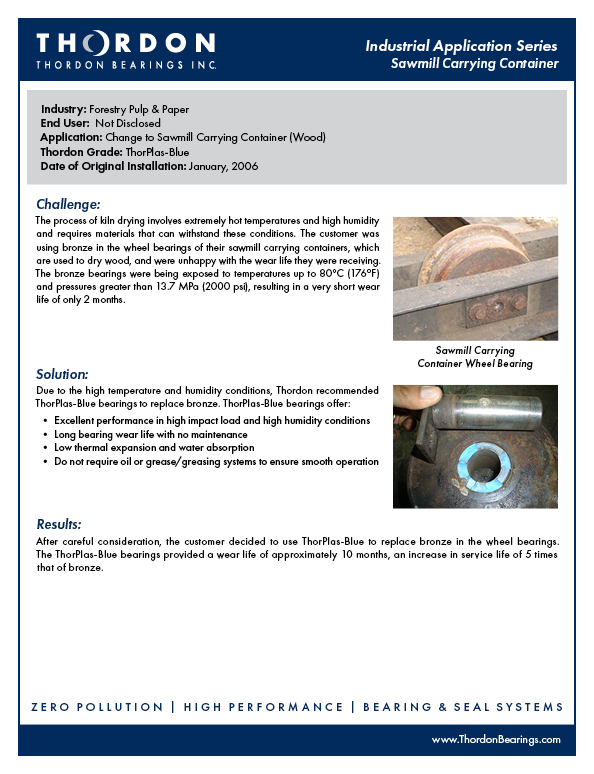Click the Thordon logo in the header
(x=125, y=50)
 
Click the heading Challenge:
(x=68, y=204)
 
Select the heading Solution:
(x=63, y=374)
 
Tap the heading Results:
(x=59, y=524)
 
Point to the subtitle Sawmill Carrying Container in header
(x=475, y=64)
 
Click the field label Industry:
(x=64, y=108)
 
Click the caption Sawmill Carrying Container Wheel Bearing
(x=475, y=357)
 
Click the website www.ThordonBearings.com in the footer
(x=495, y=739)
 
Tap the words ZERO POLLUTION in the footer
(x=94, y=707)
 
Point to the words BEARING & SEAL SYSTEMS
(x=463, y=707)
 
